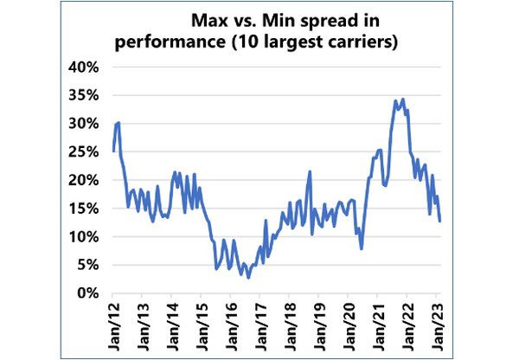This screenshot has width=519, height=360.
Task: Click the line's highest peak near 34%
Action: click(395, 100)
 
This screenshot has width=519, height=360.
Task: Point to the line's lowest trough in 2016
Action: click(248, 277)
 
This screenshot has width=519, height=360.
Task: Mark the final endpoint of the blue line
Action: click(440, 221)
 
